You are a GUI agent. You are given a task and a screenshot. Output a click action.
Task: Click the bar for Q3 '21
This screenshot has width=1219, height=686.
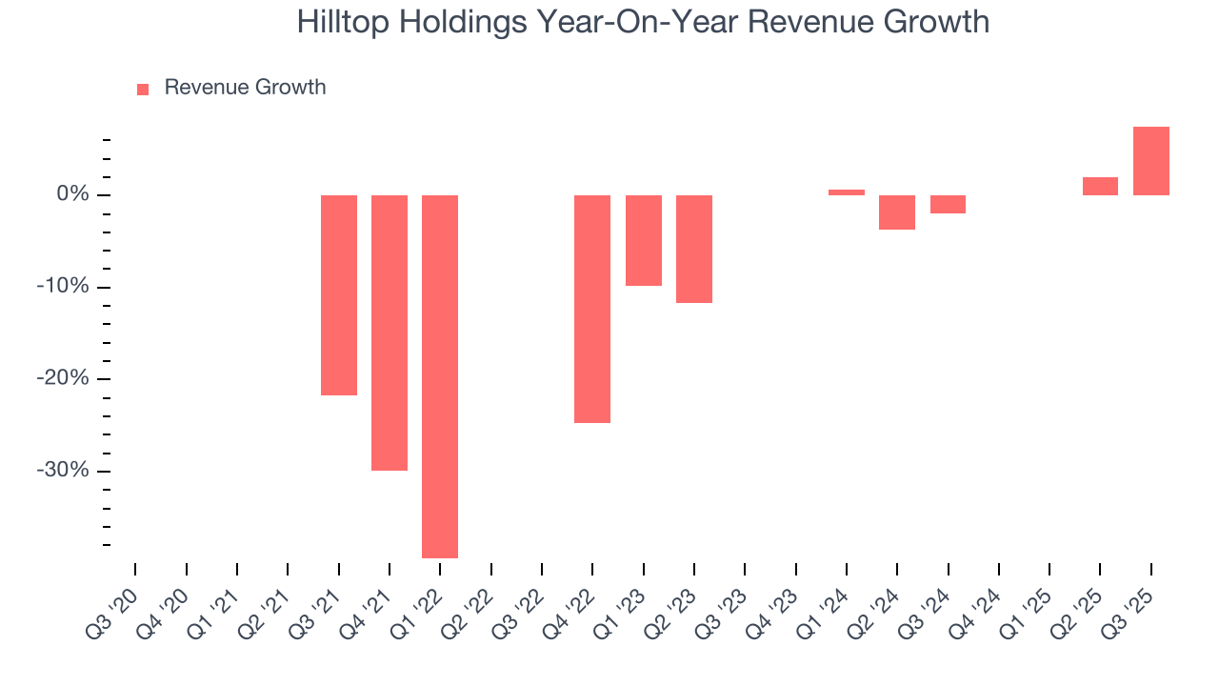tap(338, 294)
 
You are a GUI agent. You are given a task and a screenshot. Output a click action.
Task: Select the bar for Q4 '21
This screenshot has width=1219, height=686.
tap(390, 333)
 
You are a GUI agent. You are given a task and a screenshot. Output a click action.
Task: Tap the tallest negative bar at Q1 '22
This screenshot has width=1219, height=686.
tap(440, 376)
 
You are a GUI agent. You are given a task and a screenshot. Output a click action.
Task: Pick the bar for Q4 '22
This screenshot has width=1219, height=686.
tap(592, 309)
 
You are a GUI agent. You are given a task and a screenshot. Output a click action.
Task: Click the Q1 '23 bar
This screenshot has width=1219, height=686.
tap(643, 240)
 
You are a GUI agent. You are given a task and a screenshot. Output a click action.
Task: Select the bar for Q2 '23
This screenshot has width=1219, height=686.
tap(694, 249)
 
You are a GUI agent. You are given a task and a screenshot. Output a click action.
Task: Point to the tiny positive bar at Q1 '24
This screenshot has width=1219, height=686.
tap(847, 192)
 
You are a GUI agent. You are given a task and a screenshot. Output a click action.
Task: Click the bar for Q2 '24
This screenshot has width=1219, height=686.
tap(897, 212)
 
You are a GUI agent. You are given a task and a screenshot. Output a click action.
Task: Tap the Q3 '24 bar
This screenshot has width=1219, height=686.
tap(948, 204)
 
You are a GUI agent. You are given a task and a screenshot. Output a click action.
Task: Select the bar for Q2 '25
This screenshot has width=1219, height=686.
tap(1100, 186)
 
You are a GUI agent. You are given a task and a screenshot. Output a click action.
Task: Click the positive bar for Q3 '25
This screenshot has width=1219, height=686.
tap(1150, 161)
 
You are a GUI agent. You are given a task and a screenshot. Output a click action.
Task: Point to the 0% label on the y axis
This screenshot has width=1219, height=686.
tap(72, 195)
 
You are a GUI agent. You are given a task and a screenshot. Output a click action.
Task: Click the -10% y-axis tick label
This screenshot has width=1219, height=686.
tap(64, 288)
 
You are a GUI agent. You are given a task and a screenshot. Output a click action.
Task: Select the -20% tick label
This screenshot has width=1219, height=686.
tap(64, 379)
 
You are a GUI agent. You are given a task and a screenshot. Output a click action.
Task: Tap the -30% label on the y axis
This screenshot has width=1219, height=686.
tap(64, 472)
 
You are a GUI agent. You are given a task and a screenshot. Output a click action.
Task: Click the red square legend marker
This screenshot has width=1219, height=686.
tap(143, 89)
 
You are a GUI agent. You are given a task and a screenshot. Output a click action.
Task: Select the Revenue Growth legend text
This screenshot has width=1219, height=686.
tap(245, 88)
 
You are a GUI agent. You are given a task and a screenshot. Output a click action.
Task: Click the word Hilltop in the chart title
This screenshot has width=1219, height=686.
tap(339, 22)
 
